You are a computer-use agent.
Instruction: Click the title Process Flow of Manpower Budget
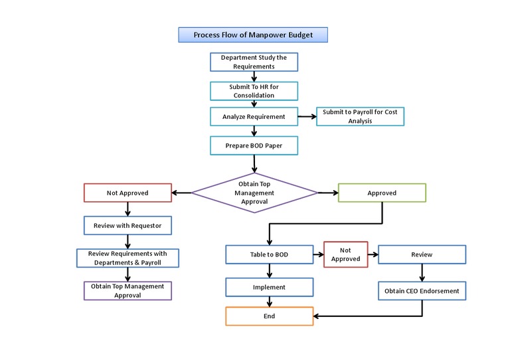click(x=252, y=35)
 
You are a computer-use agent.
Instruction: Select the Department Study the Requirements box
click(x=254, y=62)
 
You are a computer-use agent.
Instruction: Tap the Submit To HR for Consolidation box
click(x=254, y=90)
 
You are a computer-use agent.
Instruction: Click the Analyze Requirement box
click(x=254, y=116)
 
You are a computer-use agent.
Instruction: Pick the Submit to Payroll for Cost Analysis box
click(x=360, y=116)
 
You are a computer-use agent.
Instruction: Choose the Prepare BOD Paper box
click(x=254, y=145)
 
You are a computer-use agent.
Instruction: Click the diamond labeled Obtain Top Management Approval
click(x=254, y=193)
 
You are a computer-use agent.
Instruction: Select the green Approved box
click(x=382, y=193)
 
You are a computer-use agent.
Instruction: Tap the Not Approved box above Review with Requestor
click(x=127, y=193)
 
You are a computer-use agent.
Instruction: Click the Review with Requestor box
click(x=127, y=225)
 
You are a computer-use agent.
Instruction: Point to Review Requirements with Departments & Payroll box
click(x=127, y=258)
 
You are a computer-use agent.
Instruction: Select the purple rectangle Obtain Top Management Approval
click(x=127, y=290)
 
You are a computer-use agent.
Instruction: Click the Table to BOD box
click(x=269, y=254)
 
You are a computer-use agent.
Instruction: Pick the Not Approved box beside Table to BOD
click(x=345, y=254)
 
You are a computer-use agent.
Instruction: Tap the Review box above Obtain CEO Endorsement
click(x=422, y=254)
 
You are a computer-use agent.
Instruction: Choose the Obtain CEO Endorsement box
click(x=422, y=290)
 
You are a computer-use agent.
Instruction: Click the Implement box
click(x=269, y=287)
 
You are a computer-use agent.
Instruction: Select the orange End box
click(x=269, y=316)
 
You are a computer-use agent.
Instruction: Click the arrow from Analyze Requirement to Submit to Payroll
click(x=306, y=116)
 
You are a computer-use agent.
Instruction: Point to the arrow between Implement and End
click(x=269, y=302)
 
